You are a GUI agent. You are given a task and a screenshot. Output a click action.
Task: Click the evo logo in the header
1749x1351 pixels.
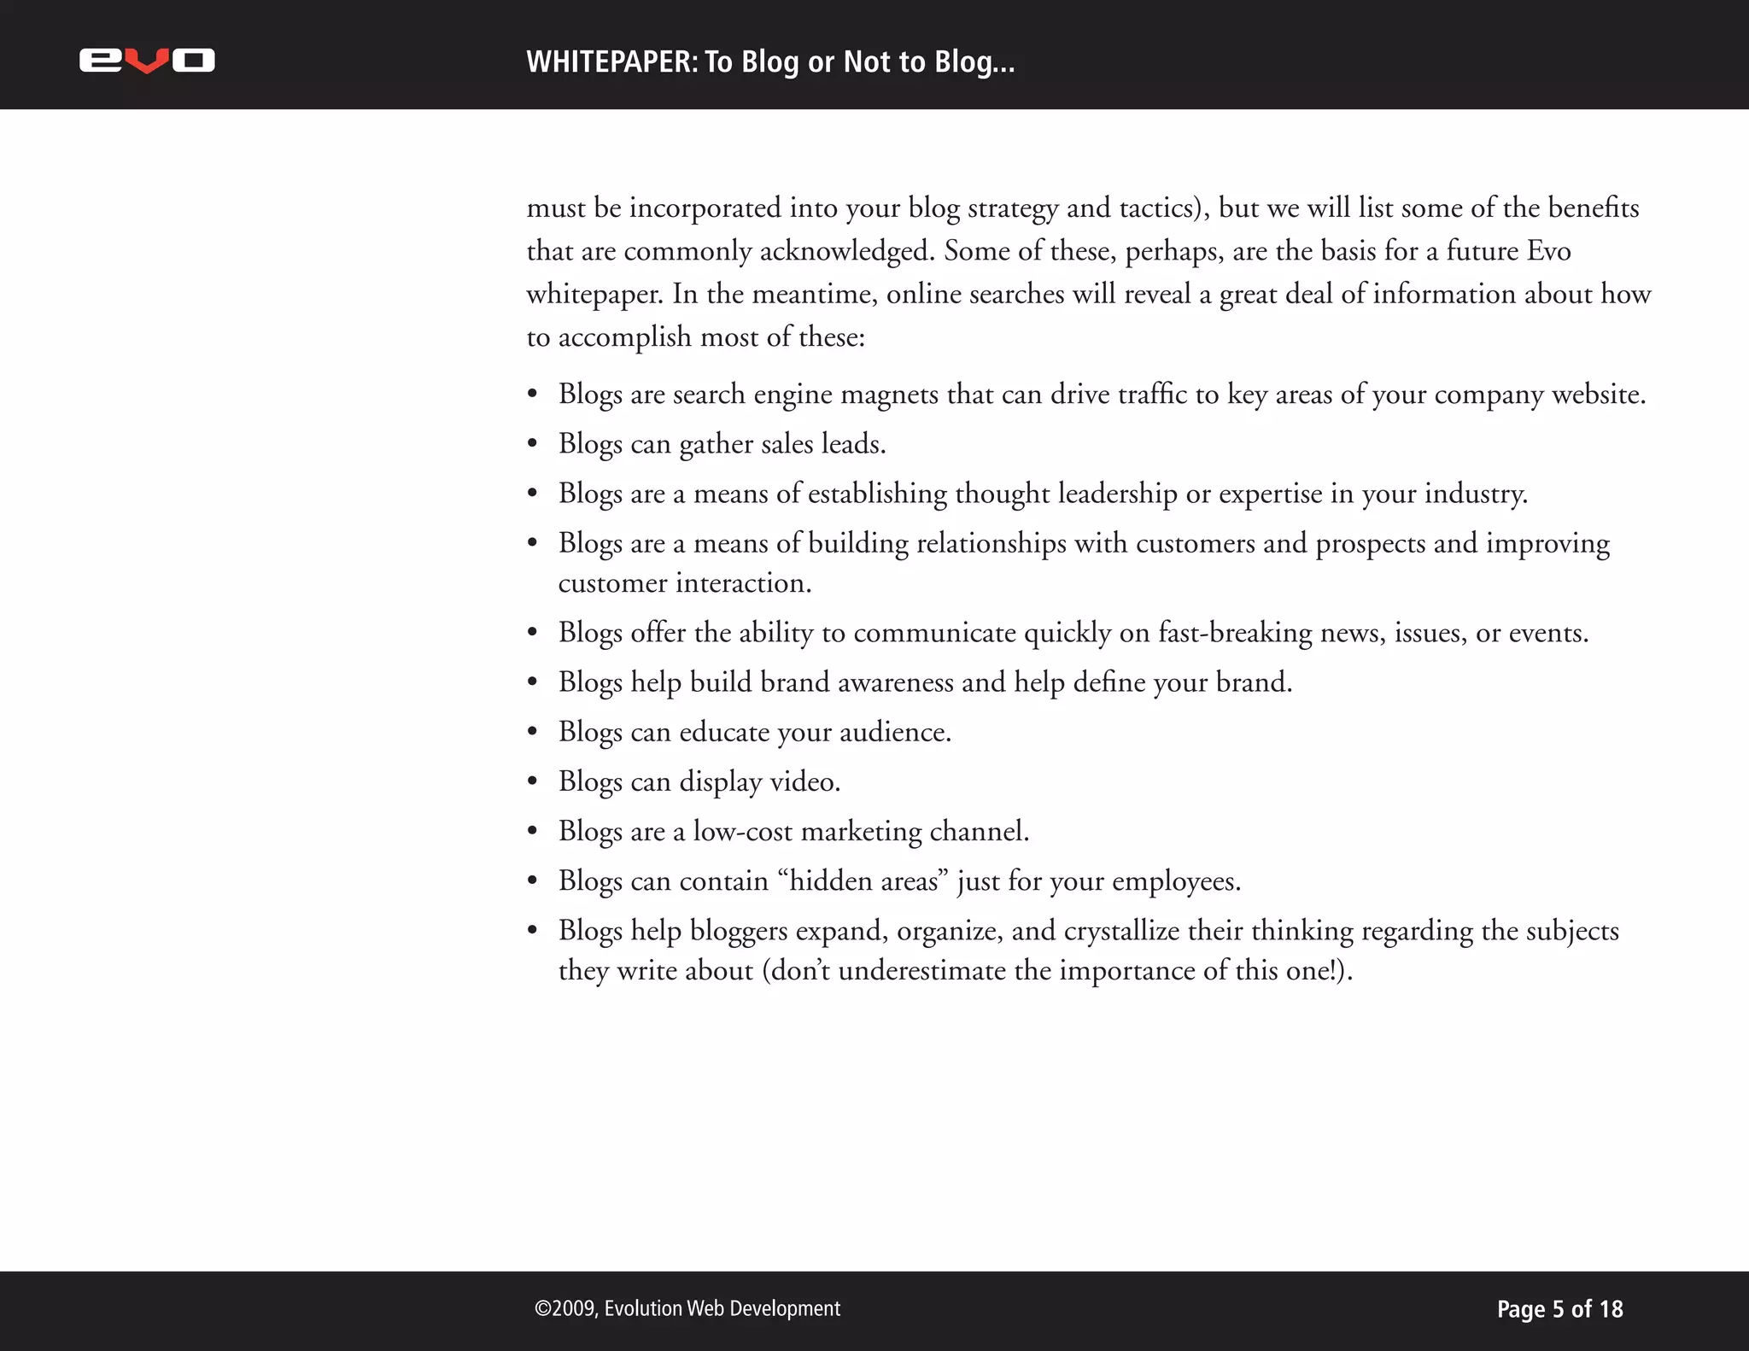pos(147,61)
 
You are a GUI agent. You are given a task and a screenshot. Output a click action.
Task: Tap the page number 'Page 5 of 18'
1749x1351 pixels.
pos(1559,1309)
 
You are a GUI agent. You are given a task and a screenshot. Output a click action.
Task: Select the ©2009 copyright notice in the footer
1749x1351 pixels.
pos(687,1308)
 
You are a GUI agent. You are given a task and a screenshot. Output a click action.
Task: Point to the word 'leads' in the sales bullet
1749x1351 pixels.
pos(851,444)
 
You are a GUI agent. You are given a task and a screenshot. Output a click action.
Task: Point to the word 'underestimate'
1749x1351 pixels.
pos(921,971)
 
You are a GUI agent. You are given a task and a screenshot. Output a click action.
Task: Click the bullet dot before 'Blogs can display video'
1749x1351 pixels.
pos(533,782)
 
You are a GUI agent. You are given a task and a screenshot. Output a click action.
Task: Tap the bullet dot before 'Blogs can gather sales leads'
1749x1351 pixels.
pos(533,445)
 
